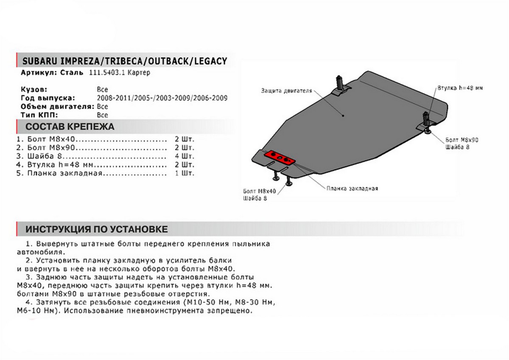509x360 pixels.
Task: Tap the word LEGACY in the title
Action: [x=210, y=61]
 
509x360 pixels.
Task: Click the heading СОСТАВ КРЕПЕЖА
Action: [x=70, y=127]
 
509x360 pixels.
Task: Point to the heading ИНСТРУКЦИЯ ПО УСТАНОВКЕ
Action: [x=97, y=230]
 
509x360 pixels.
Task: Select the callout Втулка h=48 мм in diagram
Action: [x=460, y=88]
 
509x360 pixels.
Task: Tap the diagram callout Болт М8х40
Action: [x=260, y=192]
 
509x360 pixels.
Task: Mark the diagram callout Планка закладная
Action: [x=352, y=188]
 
